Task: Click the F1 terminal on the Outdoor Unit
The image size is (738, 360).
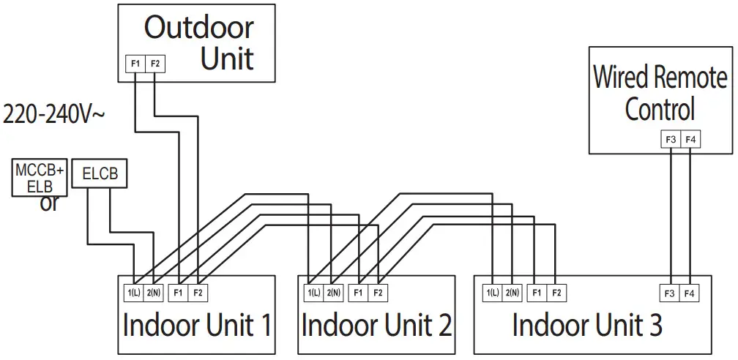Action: point(135,64)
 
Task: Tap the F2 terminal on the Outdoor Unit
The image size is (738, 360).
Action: point(154,64)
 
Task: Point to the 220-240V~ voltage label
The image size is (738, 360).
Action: point(54,115)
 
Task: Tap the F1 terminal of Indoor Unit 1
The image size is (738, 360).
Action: point(177,293)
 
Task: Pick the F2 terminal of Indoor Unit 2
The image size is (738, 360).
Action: point(377,293)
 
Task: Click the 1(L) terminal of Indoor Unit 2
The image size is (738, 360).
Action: point(313,293)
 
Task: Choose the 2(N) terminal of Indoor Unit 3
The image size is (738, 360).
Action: point(512,293)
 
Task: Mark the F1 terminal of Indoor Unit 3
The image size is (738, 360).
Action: point(537,293)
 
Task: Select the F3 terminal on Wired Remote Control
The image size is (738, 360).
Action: point(670,139)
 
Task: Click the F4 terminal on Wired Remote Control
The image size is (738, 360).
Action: point(690,139)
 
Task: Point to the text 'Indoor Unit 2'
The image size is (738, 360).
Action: point(376,324)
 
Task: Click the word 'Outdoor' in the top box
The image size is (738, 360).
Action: point(198,28)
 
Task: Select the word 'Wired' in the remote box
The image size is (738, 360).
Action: point(620,77)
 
